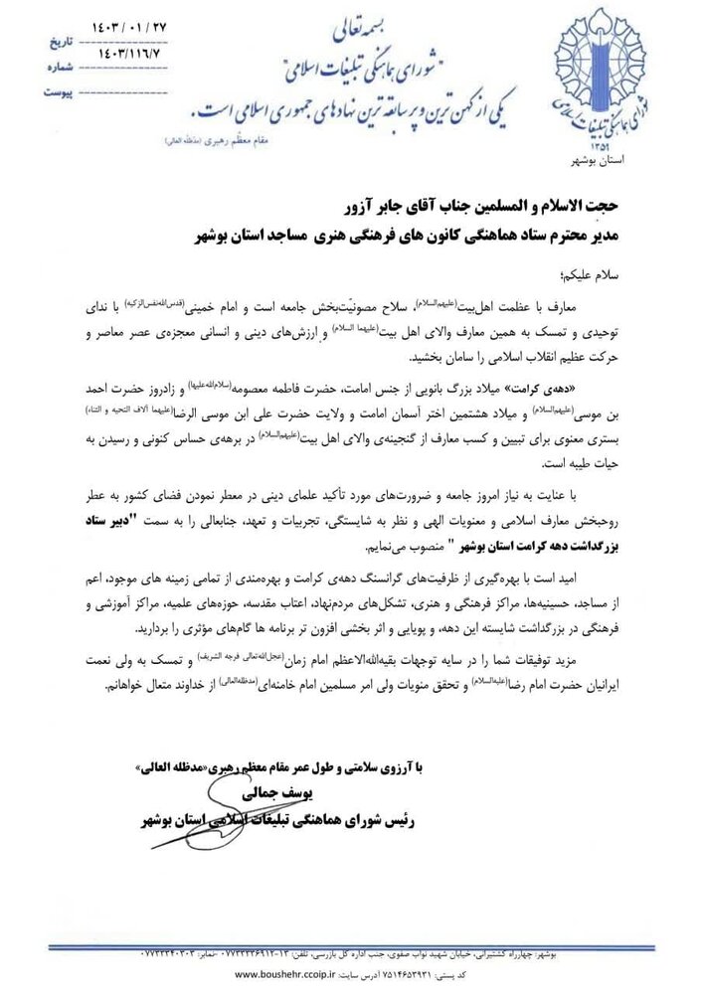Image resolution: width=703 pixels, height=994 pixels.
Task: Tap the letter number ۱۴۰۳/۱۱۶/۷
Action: pyautogui.click(x=103, y=47)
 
